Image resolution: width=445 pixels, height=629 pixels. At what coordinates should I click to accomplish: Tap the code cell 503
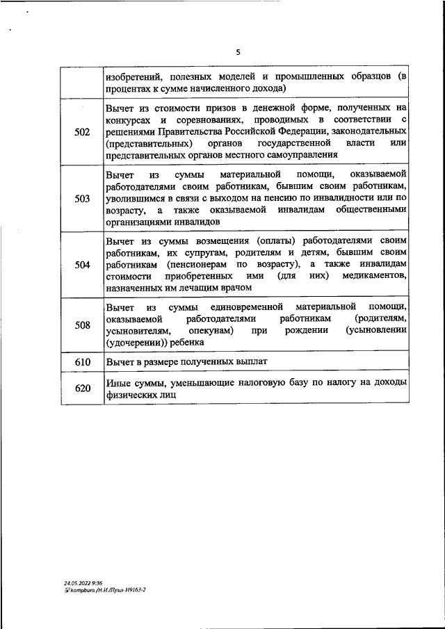82,197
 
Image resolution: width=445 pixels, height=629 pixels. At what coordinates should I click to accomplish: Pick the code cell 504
82,264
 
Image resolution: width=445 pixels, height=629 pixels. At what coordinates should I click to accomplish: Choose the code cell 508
82,325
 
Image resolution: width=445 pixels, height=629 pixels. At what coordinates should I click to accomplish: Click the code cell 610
82,362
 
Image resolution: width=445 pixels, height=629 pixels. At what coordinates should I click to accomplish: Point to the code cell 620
82,388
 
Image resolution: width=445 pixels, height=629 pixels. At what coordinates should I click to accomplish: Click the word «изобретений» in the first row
134,76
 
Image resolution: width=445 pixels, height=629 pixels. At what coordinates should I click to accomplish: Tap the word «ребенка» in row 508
185,342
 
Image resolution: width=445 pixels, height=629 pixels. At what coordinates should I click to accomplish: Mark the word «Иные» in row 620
118,382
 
